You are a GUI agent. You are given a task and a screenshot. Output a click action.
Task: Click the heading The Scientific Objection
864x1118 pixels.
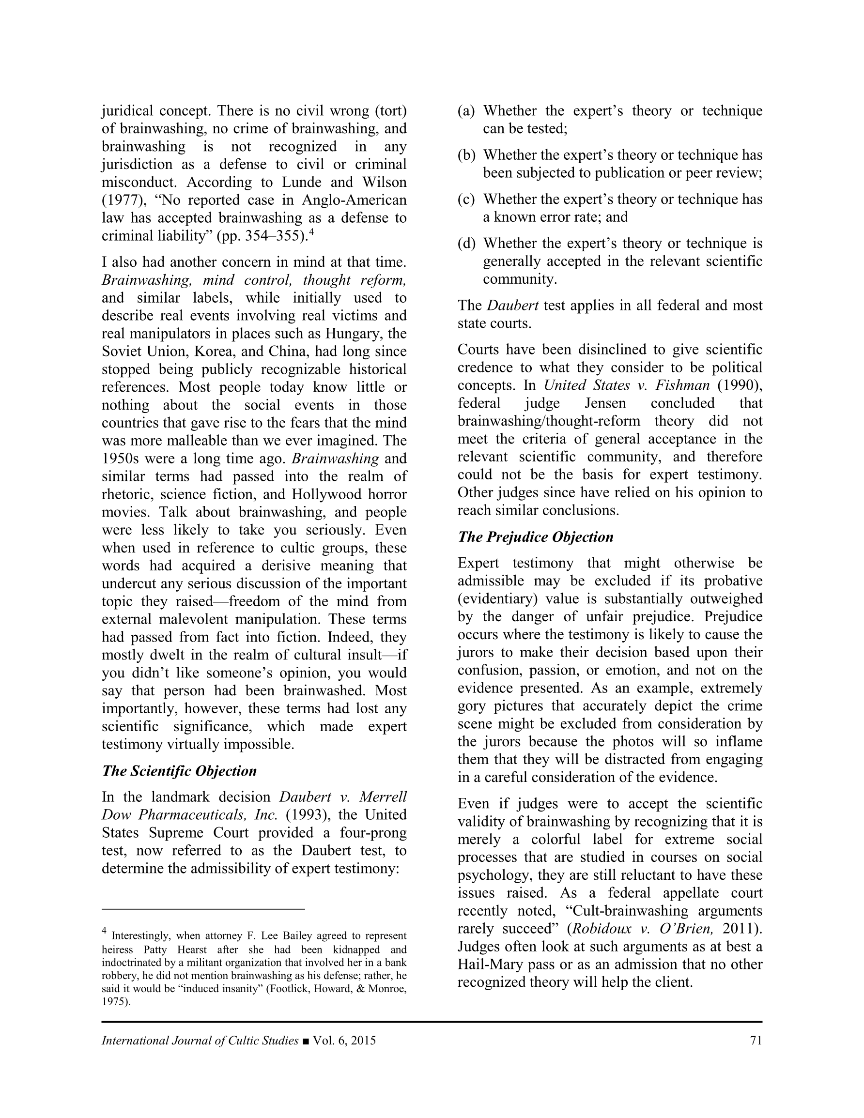click(x=179, y=771)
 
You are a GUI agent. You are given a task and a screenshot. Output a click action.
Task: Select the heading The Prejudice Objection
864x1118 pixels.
click(x=535, y=537)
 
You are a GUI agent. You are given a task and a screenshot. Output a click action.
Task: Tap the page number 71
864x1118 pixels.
click(x=756, y=1041)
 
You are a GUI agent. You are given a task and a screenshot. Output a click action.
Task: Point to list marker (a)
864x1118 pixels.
click(x=466, y=111)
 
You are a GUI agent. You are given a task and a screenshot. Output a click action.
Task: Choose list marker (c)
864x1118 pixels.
click(x=466, y=199)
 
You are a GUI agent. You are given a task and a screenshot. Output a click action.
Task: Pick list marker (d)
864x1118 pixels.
click(x=466, y=243)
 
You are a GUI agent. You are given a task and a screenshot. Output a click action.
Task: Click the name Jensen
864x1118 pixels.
click(x=605, y=403)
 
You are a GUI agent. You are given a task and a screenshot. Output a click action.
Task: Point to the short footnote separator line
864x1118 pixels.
click(x=203, y=909)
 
